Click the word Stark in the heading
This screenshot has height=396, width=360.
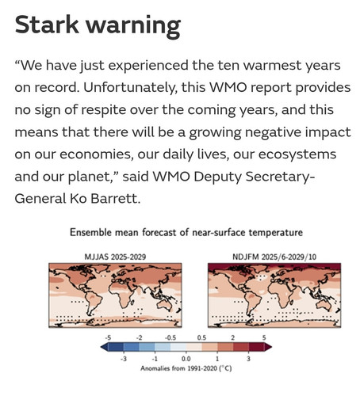[47, 25]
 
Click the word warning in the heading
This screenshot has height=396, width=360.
[133, 27]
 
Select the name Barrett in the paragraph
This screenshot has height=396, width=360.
[115, 199]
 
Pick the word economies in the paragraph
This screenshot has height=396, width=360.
[95, 154]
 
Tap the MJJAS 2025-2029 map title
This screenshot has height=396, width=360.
[115, 257]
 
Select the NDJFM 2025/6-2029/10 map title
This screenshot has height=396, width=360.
[274, 257]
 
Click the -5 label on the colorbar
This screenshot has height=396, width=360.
[108, 337]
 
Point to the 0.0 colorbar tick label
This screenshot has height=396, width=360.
[186, 359]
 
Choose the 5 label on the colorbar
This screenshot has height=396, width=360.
[264, 337]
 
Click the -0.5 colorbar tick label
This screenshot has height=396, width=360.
[170, 337]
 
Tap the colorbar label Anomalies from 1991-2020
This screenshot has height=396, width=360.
[186, 368]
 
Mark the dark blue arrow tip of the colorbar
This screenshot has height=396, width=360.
[101, 347]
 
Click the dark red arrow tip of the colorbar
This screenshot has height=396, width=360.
[271, 347]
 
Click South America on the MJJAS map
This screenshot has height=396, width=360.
[93, 301]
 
